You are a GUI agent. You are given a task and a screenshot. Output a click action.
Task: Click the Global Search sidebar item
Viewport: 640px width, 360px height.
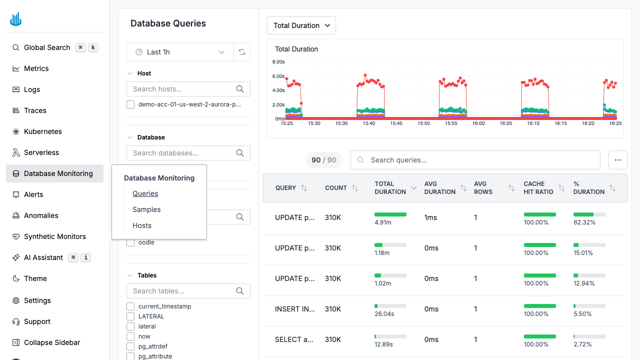click(x=47, y=47)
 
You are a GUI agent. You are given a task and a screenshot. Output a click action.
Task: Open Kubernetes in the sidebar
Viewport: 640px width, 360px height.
click(x=43, y=131)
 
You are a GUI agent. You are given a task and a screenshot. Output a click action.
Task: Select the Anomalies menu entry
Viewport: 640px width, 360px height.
click(x=41, y=215)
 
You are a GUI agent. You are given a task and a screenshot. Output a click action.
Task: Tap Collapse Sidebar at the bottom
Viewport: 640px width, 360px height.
click(x=52, y=342)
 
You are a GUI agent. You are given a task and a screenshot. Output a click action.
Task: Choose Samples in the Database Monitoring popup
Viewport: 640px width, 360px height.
click(x=146, y=209)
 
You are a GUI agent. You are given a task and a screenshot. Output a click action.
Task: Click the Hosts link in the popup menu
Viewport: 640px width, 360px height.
click(x=142, y=225)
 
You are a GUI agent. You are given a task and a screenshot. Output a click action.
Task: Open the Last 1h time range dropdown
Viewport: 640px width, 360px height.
click(x=180, y=52)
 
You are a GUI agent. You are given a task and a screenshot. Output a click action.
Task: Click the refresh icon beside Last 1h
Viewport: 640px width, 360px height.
click(x=242, y=52)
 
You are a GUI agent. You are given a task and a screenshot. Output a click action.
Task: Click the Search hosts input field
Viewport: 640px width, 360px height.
click(x=182, y=89)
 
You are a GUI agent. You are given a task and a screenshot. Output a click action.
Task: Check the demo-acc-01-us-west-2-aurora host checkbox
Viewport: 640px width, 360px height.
click(x=130, y=104)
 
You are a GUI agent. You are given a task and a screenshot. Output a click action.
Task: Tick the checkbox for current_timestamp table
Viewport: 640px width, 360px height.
click(x=130, y=306)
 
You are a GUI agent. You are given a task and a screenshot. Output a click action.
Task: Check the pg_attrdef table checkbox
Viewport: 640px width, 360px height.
click(x=130, y=346)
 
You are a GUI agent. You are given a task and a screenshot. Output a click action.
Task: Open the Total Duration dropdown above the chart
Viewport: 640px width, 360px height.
click(x=301, y=25)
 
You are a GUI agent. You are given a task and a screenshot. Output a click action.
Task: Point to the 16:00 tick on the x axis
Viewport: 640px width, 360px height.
click(x=478, y=123)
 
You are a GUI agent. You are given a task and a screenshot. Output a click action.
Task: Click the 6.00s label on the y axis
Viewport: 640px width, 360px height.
click(x=278, y=76)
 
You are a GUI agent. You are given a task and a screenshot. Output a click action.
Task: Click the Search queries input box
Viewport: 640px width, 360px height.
click(x=475, y=160)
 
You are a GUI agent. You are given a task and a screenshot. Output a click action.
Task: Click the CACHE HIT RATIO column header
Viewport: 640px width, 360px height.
click(x=538, y=188)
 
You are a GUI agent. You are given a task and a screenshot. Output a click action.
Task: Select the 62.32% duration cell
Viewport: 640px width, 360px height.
click(x=584, y=222)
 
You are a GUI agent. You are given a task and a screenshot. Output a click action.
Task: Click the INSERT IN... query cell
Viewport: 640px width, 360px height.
click(x=295, y=309)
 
